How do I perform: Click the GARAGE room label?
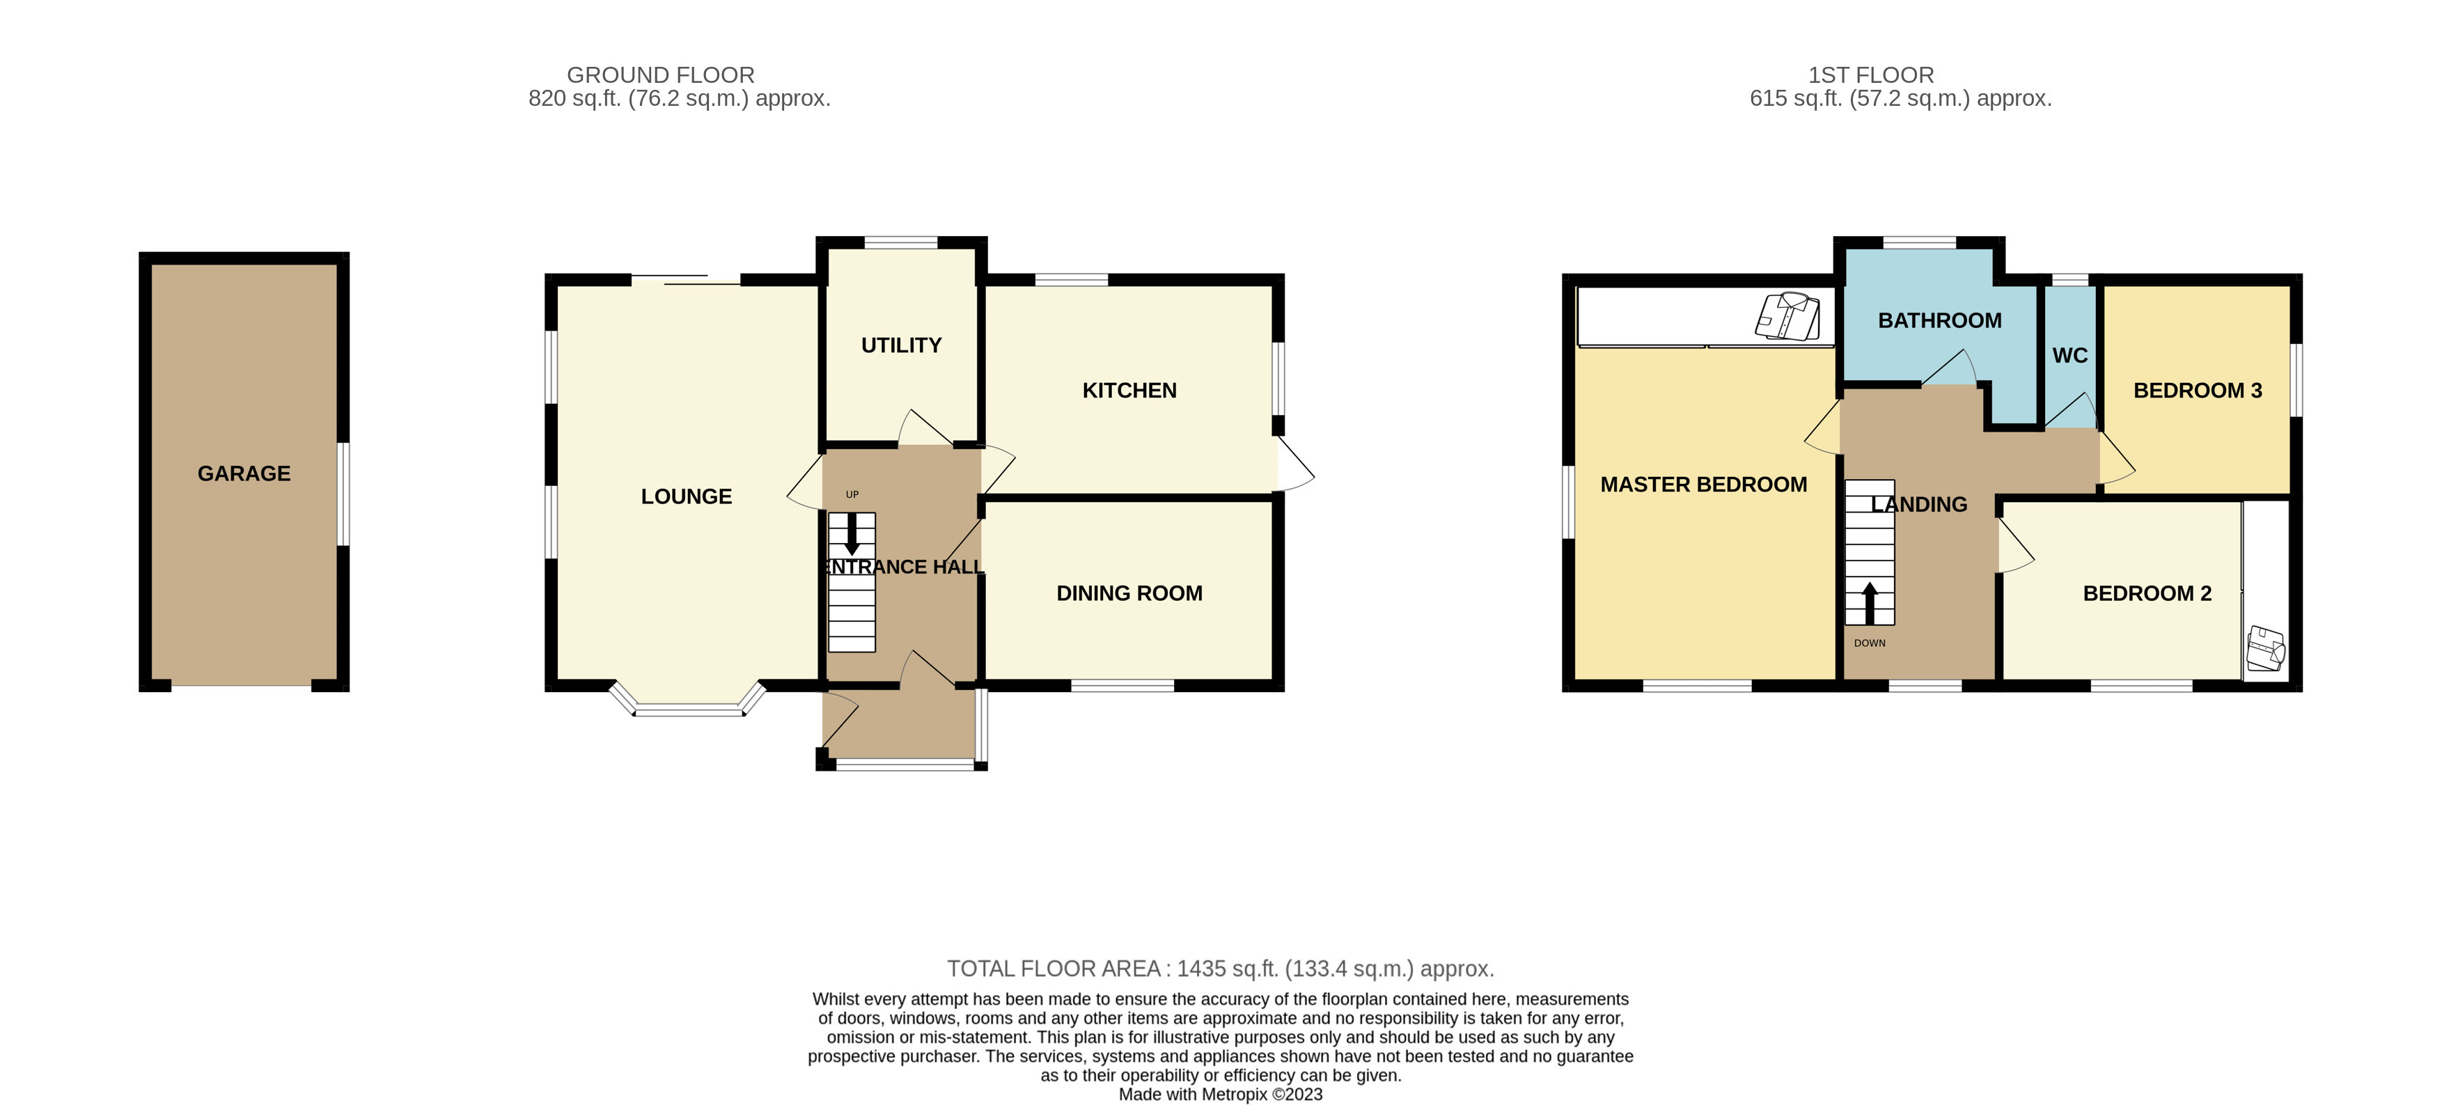pyautogui.click(x=244, y=473)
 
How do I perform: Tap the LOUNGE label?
pyautogui.click(x=687, y=496)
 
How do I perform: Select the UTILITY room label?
pyautogui.click(x=900, y=345)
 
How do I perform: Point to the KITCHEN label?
pyautogui.click(x=1129, y=391)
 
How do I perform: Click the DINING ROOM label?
pyautogui.click(x=1129, y=593)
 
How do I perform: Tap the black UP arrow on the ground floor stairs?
pyautogui.click(x=852, y=535)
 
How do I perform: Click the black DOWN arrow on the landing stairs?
pyautogui.click(x=1870, y=603)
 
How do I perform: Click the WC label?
pyautogui.click(x=2069, y=355)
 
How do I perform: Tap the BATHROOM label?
pyautogui.click(x=1939, y=320)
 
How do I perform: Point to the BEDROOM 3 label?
pyautogui.click(x=2198, y=391)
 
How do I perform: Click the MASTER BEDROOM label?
pyautogui.click(x=1703, y=485)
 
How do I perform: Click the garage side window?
pyautogui.click(x=344, y=493)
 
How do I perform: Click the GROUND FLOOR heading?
pyautogui.click(x=661, y=75)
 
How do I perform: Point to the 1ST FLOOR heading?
pyautogui.click(x=1870, y=75)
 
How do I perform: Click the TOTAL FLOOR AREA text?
pyautogui.click(x=1220, y=969)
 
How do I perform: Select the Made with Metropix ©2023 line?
pyautogui.click(x=1220, y=1095)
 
